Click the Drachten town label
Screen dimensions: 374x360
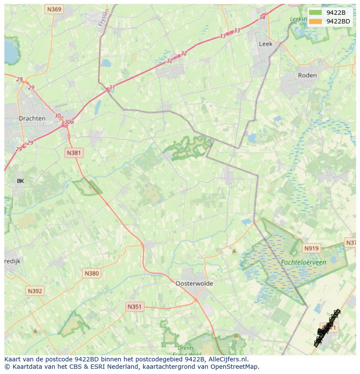coord(32,119)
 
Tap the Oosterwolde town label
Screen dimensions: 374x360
coord(194,283)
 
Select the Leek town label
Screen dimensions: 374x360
coord(265,44)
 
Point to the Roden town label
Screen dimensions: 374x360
coord(307,75)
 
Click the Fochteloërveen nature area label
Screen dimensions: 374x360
coord(303,262)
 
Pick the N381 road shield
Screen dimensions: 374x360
coord(74,153)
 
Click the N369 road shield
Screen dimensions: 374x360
coord(55,9)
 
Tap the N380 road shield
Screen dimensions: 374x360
coord(92,273)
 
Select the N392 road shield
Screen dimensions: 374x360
coord(34,291)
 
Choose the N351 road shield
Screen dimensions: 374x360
coord(134,307)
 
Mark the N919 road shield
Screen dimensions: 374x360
coord(311,248)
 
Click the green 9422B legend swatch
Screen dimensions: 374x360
coord(316,13)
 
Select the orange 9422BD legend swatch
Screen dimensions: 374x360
coord(316,21)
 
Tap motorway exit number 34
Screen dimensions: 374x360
coord(262,17)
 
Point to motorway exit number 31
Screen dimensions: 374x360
coord(112,87)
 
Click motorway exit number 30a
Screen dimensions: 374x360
coord(69,122)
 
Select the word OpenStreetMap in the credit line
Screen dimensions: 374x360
coord(235,367)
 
